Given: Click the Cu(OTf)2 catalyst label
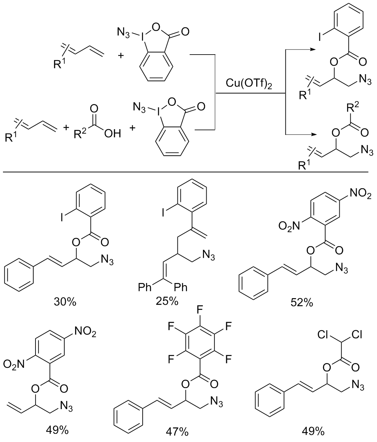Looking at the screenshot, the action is [249, 84].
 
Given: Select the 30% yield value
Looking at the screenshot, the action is [65, 302].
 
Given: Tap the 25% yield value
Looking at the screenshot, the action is [167, 301].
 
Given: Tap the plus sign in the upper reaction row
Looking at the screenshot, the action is [120, 55].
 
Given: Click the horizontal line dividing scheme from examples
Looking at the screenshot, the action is [186, 172].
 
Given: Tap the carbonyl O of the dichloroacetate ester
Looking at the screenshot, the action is [356, 367].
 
